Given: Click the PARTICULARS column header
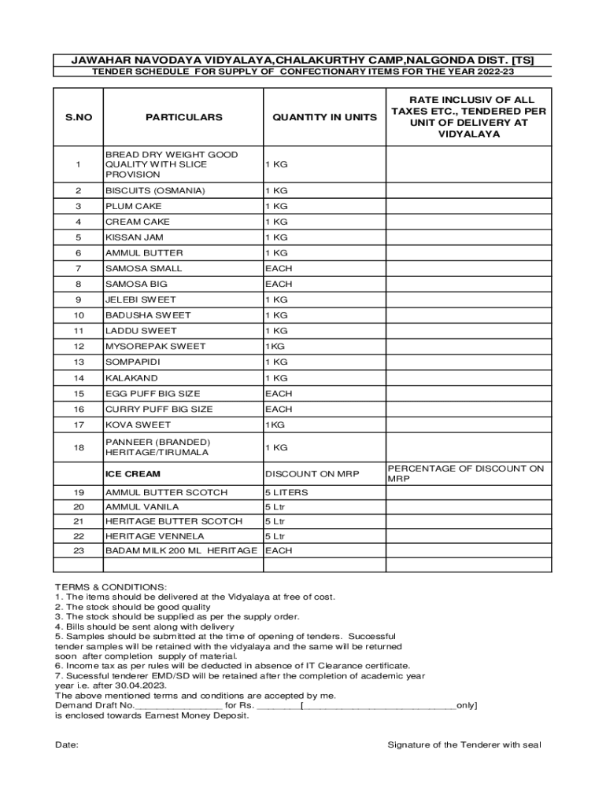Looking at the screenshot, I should tap(183, 117).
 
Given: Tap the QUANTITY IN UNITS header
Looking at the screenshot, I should tap(324, 117).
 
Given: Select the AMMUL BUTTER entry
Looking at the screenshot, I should tap(144, 253).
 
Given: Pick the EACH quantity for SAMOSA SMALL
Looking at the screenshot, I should tap(279, 269).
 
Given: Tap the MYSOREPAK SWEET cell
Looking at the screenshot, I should tap(155, 347).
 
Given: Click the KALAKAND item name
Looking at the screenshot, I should tap(131, 378).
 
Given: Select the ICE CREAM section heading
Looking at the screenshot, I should tap(133, 474).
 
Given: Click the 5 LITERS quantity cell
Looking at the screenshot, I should tap(286, 493).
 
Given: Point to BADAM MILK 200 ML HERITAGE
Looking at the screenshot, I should tap(181, 551).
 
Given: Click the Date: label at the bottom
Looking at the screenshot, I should tap(66, 744).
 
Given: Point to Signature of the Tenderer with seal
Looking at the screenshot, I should tap(464, 744).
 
